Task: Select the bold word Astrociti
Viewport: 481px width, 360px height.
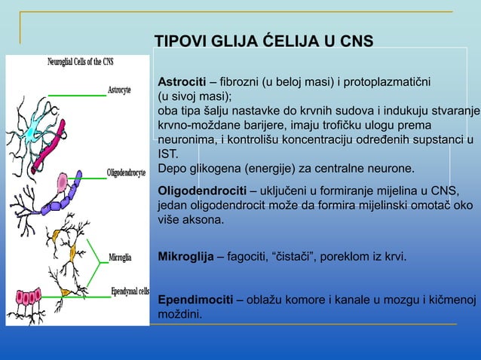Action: click(181, 82)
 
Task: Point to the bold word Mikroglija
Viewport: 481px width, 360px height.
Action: click(185, 257)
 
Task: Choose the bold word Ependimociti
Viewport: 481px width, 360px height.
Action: click(195, 301)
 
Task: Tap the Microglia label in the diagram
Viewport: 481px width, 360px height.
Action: click(120, 257)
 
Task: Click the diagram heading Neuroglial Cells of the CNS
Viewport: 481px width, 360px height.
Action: click(81, 62)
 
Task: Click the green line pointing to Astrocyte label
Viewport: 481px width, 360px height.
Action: click(78, 96)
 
